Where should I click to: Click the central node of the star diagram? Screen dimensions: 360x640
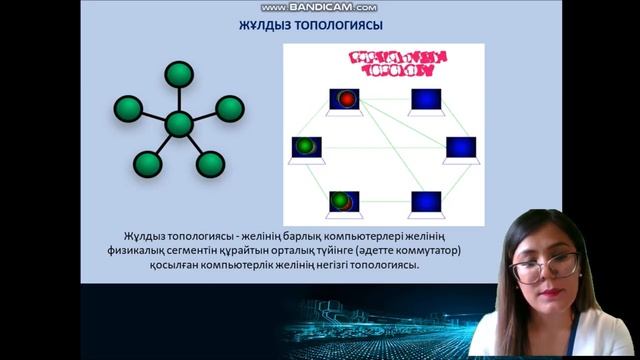tap(178, 125)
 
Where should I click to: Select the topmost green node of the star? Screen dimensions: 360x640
tap(179, 74)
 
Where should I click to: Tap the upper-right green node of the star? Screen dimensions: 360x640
tap(229, 107)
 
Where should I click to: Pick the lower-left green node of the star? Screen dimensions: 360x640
tap(148, 162)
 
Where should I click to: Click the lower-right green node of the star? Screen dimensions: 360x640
tap(210, 164)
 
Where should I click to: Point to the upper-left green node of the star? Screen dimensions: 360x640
tap(127, 107)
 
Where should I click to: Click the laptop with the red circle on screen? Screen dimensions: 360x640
tap(344, 100)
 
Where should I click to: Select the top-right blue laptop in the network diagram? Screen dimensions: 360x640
tap(426, 100)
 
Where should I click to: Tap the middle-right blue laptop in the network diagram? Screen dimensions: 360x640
tap(459, 148)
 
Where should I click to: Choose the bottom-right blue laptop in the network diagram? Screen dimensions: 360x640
tap(426, 202)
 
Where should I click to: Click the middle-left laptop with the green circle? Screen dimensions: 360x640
tap(305, 148)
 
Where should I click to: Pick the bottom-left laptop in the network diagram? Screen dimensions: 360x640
tap(344, 202)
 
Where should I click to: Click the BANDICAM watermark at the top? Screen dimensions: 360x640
tap(319, 7)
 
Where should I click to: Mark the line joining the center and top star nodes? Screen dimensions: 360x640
tap(179, 99)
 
